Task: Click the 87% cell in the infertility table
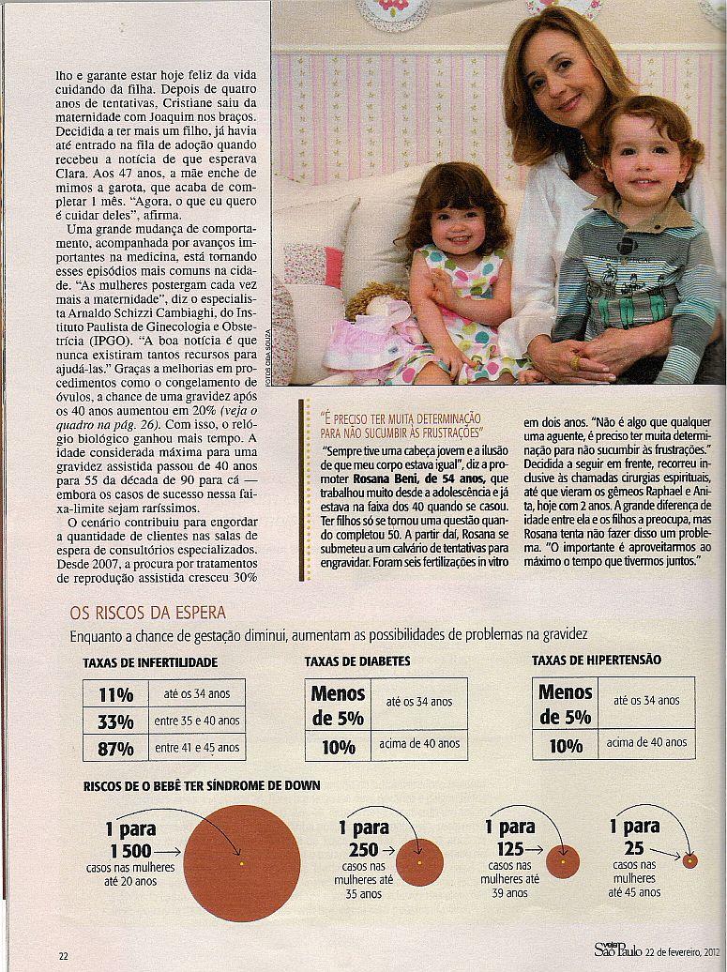tap(115, 749)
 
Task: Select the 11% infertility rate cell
tap(115, 694)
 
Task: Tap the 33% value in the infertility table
tap(115, 721)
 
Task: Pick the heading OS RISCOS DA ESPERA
tap(147, 613)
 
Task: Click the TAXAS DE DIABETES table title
tap(356, 661)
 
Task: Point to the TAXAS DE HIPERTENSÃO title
tap(596, 661)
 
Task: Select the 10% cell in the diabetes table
tap(338, 747)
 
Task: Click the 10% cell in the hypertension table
tap(566, 746)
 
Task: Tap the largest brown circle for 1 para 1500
tap(242, 862)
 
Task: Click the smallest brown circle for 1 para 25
tap(689, 860)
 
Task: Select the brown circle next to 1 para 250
tap(419, 861)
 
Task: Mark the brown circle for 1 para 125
tap(563, 861)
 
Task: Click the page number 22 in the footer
tap(64, 956)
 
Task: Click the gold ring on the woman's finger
tap(574, 361)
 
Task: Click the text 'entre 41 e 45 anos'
tap(197, 749)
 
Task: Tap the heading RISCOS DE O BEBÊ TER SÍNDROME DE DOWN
tap(202, 785)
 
